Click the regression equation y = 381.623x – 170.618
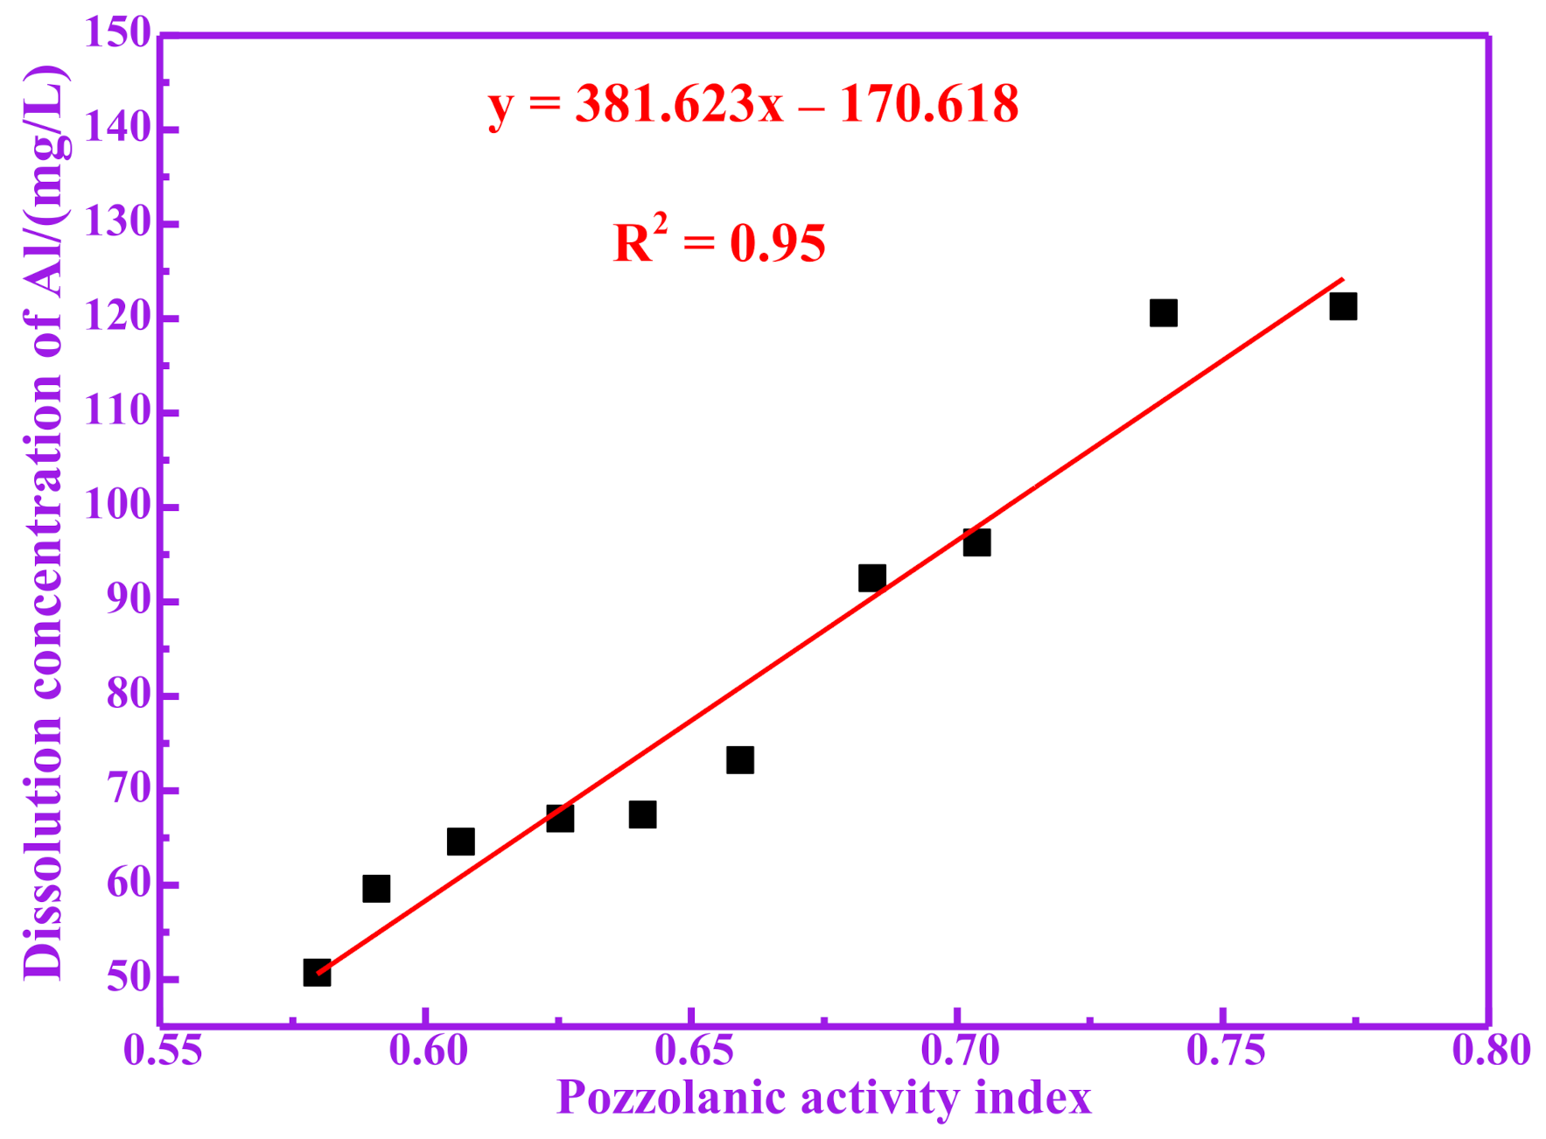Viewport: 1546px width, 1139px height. coord(753,105)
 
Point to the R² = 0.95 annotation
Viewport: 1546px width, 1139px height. coord(719,242)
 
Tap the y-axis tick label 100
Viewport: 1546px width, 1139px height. coord(117,507)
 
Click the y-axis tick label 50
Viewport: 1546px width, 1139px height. coord(129,979)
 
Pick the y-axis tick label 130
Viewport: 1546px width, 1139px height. coord(117,223)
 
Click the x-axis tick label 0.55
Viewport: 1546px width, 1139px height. coord(162,1050)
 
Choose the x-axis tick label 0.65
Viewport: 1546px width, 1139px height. coord(694,1050)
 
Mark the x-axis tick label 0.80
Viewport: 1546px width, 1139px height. coord(1491,1050)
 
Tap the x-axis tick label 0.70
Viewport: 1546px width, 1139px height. coord(960,1050)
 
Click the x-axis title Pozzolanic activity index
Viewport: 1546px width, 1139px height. coord(823,1098)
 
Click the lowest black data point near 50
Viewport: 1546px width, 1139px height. coord(317,973)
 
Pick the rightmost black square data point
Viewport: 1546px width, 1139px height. coord(1343,307)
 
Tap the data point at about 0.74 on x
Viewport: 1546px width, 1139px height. coord(1163,313)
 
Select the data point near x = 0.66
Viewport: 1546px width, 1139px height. coord(740,760)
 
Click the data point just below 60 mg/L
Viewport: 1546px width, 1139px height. coord(376,889)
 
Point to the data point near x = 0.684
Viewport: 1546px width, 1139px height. coord(871,577)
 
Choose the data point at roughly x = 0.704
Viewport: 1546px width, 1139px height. coord(976,542)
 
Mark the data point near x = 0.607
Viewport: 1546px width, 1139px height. coord(461,842)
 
